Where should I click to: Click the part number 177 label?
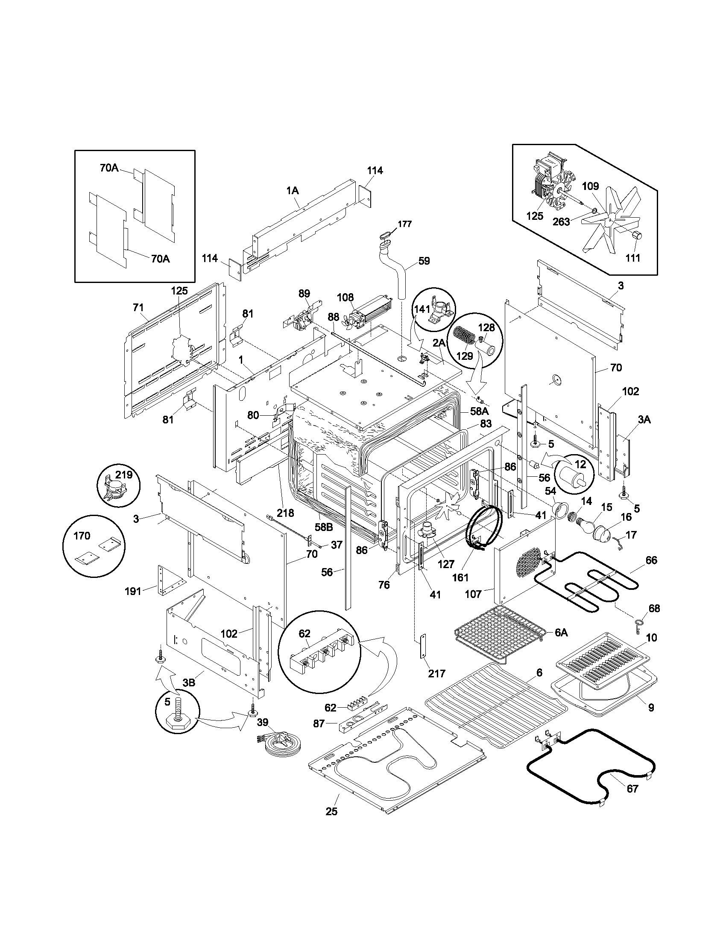404,224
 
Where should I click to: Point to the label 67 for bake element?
632,789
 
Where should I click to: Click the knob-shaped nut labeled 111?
637,235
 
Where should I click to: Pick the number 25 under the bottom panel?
331,811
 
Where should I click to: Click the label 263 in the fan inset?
561,222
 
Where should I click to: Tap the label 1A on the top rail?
293,191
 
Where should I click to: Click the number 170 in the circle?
82,536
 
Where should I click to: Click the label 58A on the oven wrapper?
479,411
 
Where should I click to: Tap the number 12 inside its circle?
580,464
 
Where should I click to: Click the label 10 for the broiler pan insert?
651,638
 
